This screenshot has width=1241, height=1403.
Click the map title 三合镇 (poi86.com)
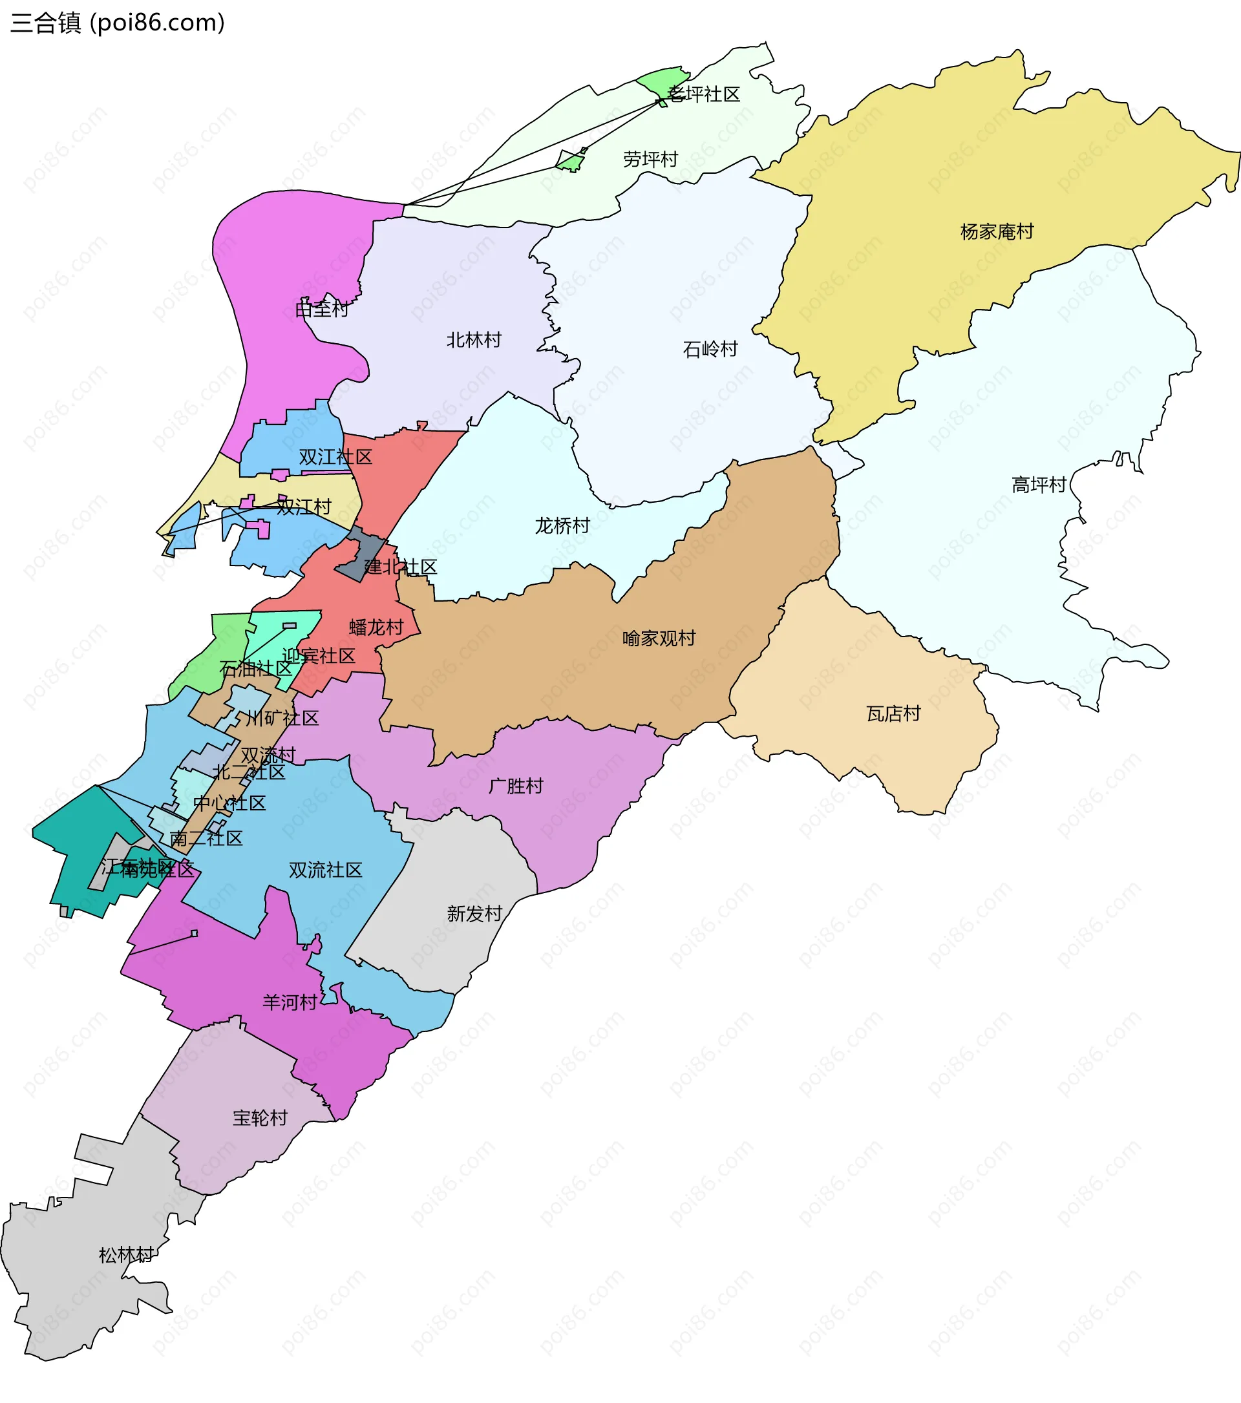[x=118, y=23]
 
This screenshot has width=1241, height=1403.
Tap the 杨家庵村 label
[x=997, y=232]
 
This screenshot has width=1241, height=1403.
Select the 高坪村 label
[x=1039, y=485]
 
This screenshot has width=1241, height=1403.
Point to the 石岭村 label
[x=710, y=350]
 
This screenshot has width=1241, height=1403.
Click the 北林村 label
[x=474, y=340]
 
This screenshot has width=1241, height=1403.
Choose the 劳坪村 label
[x=650, y=159]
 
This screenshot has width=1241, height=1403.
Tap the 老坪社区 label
[x=705, y=95]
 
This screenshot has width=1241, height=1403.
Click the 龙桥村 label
[x=562, y=526]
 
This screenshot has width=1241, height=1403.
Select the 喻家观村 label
[x=659, y=638]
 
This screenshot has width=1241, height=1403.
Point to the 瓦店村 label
[x=893, y=714]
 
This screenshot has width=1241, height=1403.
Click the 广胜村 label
[x=516, y=786]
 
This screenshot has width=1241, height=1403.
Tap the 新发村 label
[x=474, y=914]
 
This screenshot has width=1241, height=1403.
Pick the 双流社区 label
[x=325, y=870]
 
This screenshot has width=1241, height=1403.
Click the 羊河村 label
[x=290, y=1003]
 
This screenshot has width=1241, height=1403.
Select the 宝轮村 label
[x=259, y=1118]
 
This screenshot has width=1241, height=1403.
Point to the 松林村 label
[x=126, y=1256]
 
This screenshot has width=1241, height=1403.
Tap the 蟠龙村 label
[x=376, y=628]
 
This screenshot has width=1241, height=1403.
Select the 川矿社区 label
[x=282, y=719]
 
